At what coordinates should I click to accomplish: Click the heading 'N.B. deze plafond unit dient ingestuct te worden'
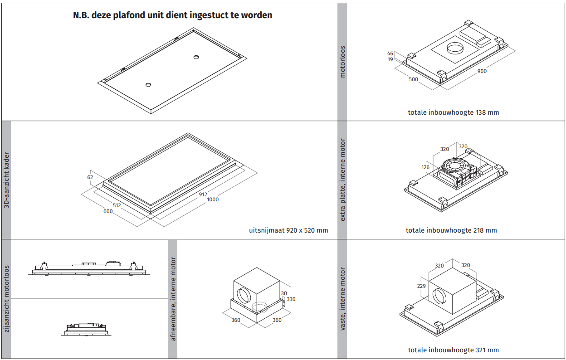pos(172,15)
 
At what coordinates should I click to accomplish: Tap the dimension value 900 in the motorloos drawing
pos(482,71)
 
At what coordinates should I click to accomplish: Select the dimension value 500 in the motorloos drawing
pos(413,79)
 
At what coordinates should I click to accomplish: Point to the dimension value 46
pos(390,54)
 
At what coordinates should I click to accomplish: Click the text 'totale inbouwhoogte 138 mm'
pos(453,112)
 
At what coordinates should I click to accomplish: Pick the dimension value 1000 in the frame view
pos(212,199)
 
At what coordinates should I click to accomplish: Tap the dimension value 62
pos(90,177)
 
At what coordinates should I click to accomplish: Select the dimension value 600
pos(108,211)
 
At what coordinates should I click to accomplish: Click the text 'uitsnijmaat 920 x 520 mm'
pos(288,230)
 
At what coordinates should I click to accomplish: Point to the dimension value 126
pos(425,167)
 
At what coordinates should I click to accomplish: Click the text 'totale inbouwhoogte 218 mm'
pos(451,230)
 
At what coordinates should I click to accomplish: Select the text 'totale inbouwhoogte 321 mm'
pos(453,350)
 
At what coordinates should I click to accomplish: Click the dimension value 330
pos(291,299)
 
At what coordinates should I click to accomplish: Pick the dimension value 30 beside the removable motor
pos(284,293)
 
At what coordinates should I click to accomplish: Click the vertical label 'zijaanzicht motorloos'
pos(6,299)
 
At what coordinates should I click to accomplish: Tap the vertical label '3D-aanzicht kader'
pos(6,180)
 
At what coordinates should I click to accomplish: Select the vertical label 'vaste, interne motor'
pos(342,299)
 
